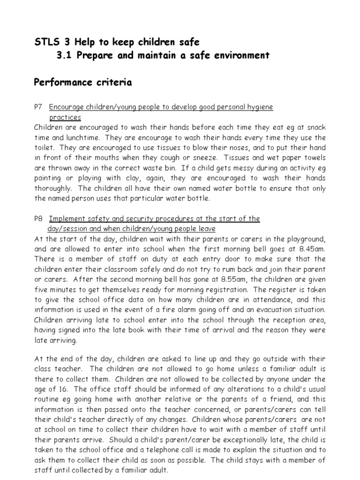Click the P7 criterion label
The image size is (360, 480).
click(39, 107)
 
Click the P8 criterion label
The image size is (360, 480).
click(39, 219)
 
